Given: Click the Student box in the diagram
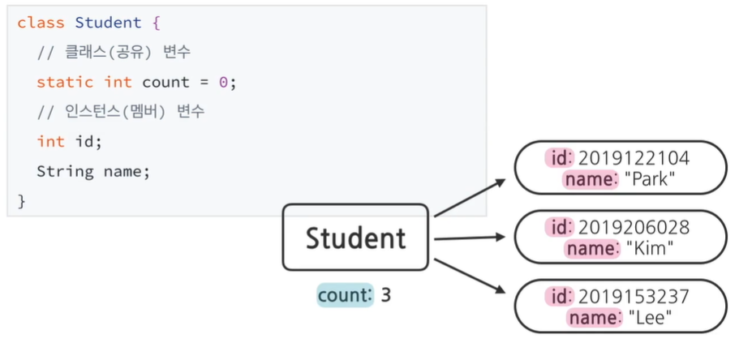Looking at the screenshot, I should [x=354, y=237].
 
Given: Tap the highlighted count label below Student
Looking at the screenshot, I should [x=344, y=295].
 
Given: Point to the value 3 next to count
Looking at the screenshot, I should [x=385, y=295].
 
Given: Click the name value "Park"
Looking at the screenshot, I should [x=650, y=179].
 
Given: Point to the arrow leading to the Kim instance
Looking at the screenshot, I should [x=470, y=238].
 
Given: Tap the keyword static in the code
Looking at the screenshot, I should [x=65, y=82].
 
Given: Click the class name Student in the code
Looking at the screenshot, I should [x=108, y=23].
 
